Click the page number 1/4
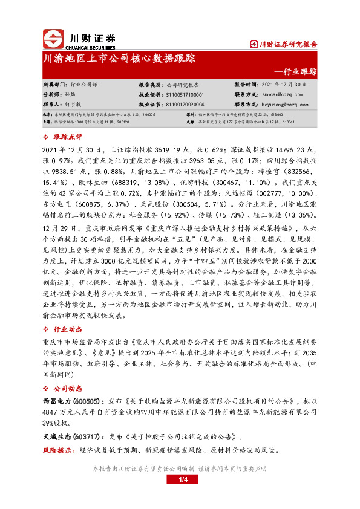click(180, 480)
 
